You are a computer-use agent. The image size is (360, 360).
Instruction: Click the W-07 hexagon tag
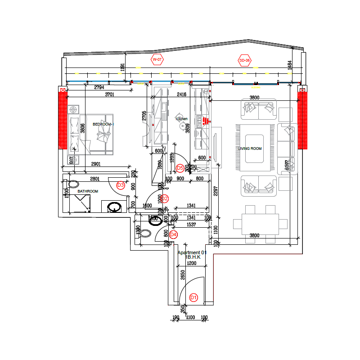point(157,60)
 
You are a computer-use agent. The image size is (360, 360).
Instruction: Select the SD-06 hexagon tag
point(245,60)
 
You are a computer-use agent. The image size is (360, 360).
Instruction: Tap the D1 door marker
point(194,297)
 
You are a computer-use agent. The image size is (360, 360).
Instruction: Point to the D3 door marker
point(121,185)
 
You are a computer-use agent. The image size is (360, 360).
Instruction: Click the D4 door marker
point(173,234)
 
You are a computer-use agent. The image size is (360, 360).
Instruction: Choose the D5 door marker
point(180,168)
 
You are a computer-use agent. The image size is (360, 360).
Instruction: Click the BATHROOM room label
point(88,191)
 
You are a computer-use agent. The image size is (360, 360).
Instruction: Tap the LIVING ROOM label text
point(250,148)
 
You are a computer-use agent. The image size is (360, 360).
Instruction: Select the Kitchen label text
point(182,119)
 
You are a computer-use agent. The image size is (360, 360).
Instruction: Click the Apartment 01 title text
point(192,253)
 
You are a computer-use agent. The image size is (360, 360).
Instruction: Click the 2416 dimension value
point(181,95)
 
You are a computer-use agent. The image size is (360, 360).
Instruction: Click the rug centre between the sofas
point(254,148)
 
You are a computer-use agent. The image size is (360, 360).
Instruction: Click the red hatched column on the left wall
point(62,119)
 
